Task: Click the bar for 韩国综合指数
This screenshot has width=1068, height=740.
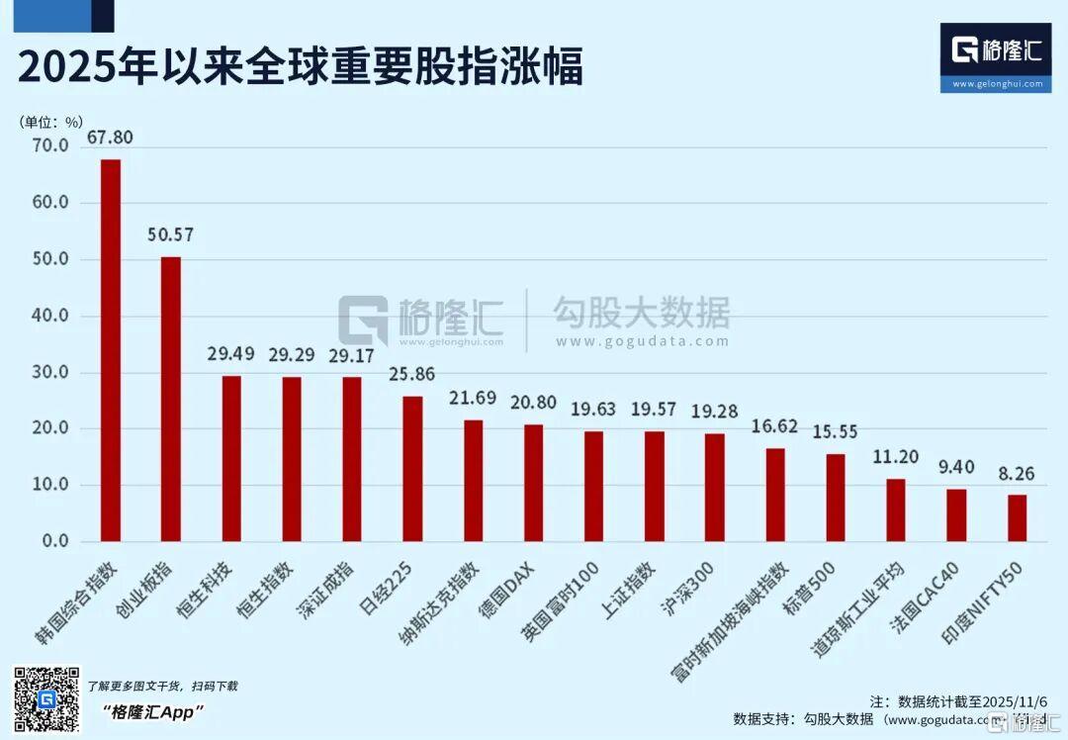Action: (111, 350)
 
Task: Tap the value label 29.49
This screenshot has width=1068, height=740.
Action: (230, 354)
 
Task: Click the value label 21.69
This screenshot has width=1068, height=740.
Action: (473, 399)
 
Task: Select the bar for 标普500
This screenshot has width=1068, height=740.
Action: (836, 498)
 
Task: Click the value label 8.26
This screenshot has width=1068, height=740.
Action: (1017, 473)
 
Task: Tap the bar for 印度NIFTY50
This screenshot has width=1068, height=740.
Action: (1017, 518)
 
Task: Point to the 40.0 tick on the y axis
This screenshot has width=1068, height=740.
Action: (49, 317)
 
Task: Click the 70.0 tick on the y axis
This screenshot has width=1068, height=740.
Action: (49, 146)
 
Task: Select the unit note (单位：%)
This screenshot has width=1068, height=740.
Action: (52, 122)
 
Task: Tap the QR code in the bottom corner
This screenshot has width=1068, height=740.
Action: (45, 699)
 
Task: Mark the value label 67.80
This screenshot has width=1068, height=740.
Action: (111, 138)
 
